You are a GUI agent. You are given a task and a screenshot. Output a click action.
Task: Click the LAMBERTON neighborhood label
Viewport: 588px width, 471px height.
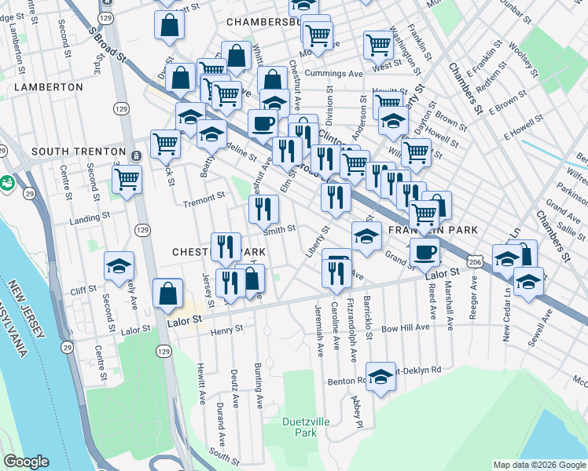click(48, 87)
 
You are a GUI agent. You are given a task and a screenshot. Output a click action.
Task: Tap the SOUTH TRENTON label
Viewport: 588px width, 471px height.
click(78, 151)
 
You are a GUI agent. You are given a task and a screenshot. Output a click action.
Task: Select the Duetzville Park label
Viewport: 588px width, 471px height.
click(300, 426)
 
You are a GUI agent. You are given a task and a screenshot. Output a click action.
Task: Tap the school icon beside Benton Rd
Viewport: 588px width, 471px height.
click(380, 377)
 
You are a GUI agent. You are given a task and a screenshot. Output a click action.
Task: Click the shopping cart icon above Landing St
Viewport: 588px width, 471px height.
click(126, 180)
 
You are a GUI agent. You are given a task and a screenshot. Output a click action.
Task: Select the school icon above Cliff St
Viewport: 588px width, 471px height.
click(119, 266)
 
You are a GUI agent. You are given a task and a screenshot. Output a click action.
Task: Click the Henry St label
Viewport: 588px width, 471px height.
click(228, 332)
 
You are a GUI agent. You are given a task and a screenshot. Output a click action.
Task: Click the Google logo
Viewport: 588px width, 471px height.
click(27, 462)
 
